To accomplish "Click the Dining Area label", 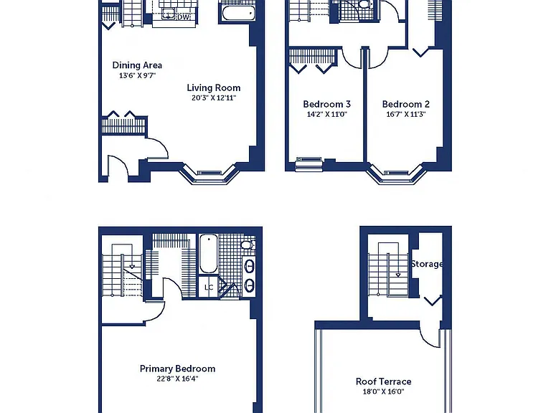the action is point(137,65).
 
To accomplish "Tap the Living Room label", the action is point(214,87).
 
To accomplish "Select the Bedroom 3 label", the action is point(327,104).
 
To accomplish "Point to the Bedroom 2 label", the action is point(406,104).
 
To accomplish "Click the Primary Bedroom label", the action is point(177,369).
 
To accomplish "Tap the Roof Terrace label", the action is point(383,381).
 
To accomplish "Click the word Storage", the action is point(427,264).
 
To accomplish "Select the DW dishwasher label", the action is point(183,17).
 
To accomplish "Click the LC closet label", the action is point(209,288).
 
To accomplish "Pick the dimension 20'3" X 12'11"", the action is point(214,98).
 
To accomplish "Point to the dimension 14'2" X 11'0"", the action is point(327,114).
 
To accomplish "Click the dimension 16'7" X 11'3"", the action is point(406,114).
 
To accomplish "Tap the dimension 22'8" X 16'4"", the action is point(177,379).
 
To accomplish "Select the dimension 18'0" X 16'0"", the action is point(383,391).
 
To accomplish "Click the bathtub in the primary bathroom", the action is point(208,254).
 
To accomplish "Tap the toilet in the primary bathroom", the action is point(248,245).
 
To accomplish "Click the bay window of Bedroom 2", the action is point(396,174).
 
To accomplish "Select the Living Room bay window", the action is point(209,174).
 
